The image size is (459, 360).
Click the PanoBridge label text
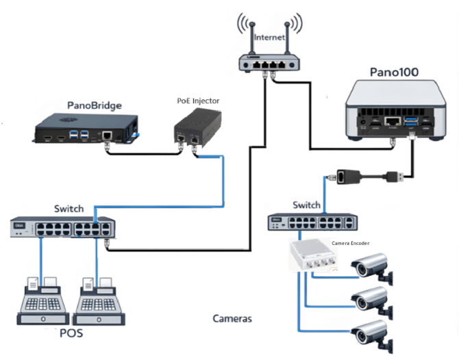pos(95,105)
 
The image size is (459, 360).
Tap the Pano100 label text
pos(394,71)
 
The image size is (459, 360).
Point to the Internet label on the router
pos(269,38)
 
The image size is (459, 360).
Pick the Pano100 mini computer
pos(393,111)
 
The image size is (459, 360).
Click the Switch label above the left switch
pos(69,208)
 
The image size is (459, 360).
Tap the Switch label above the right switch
pos(306,205)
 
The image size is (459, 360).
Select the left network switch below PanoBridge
pos(64,227)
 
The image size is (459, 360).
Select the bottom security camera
pos(371,333)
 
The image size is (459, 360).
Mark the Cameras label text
pos(232,319)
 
